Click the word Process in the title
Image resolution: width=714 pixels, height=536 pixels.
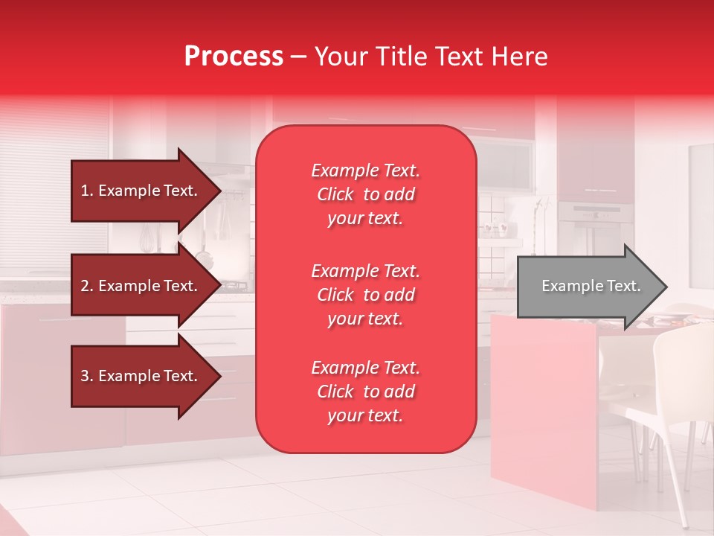point(234,57)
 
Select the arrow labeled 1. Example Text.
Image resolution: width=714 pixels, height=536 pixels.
point(141,191)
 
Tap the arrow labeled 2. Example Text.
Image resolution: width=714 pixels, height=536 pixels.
point(141,287)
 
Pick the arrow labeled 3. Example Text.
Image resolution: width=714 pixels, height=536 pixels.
point(141,377)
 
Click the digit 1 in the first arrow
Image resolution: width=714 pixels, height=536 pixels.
point(85,191)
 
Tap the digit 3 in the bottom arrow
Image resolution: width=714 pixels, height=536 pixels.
point(85,377)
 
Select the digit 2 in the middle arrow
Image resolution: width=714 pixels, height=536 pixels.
point(85,287)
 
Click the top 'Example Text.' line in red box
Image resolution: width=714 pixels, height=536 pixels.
point(365,171)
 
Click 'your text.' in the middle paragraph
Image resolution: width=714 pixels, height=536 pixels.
point(365,319)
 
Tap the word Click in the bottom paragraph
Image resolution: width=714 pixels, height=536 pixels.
point(335,392)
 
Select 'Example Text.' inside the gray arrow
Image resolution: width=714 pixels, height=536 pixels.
point(591,287)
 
